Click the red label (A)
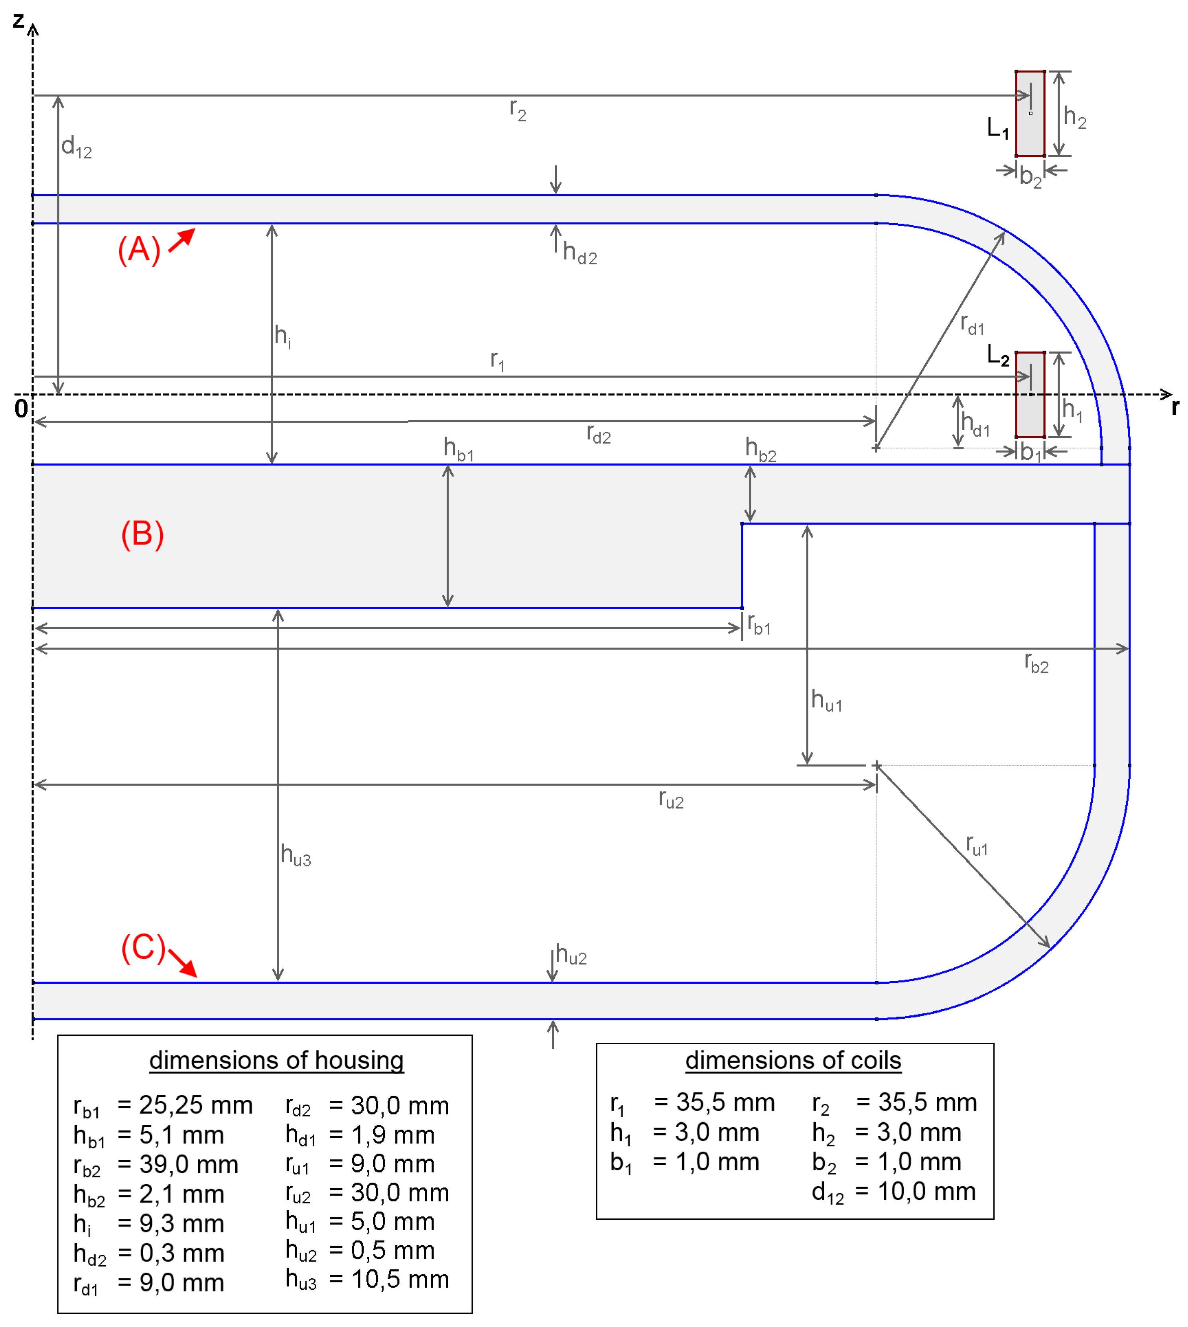point(139,249)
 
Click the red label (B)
point(142,534)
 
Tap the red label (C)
point(143,947)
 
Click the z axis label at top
point(18,21)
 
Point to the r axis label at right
point(1174,407)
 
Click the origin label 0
point(21,409)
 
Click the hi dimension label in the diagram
point(282,336)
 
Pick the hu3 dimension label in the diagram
point(295,854)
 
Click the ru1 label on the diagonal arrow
point(977,845)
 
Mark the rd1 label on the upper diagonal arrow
point(971,325)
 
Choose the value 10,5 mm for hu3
point(400,1279)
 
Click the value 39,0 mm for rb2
point(189,1164)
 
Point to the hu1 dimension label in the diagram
point(826,700)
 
